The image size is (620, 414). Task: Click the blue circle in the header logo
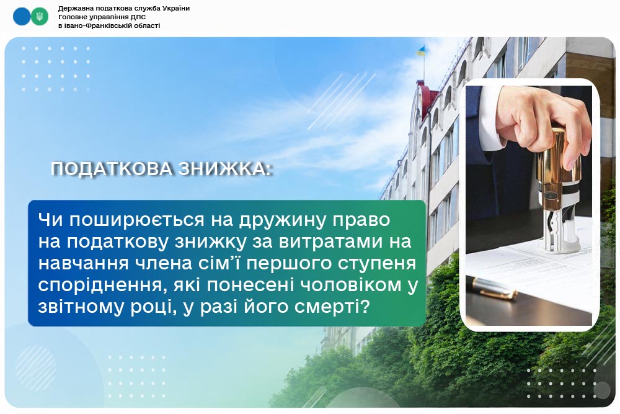tap(22, 17)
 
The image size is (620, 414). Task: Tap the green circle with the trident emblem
tap(40, 17)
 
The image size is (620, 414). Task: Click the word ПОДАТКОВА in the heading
tap(112, 169)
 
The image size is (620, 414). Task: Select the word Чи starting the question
tap(51, 220)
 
